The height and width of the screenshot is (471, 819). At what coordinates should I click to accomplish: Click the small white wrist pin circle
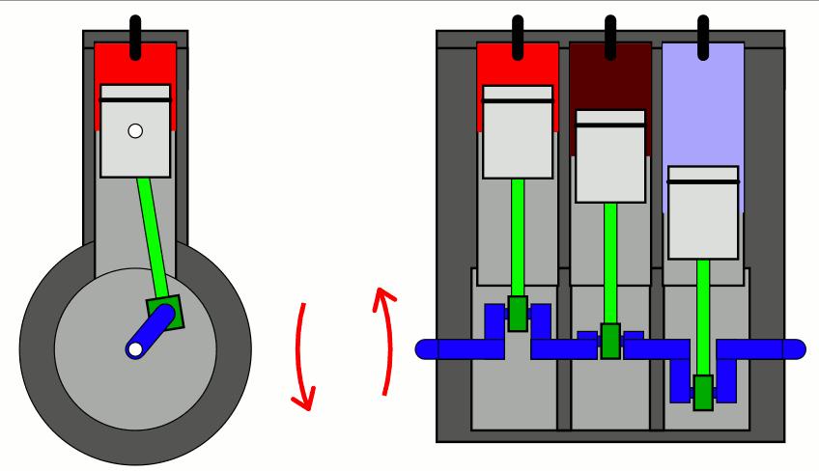tap(135, 131)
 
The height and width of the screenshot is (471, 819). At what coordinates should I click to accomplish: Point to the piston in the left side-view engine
tap(135, 145)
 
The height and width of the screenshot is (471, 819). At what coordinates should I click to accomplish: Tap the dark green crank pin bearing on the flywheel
tap(164, 314)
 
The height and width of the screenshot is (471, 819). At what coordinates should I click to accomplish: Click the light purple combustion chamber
tap(703, 106)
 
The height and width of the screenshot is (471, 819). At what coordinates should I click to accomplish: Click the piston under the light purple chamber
tap(703, 212)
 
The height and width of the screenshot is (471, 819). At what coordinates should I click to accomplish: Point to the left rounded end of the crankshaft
tap(427, 348)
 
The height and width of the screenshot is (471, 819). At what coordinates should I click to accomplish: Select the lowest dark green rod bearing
tap(703, 392)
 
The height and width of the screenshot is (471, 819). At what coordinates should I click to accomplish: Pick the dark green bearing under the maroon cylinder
tap(610, 341)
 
